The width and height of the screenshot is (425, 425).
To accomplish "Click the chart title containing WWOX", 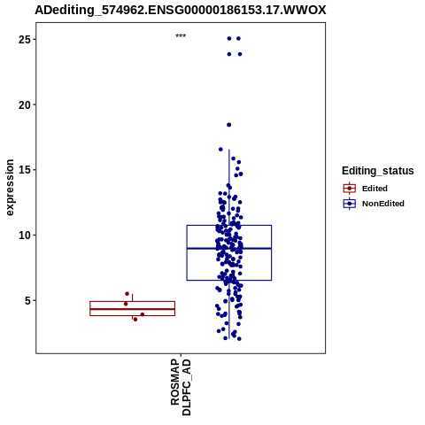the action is (181, 11).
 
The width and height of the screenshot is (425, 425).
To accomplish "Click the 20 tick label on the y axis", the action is (25, 104).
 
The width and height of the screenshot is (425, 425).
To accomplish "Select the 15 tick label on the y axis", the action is (25, 170).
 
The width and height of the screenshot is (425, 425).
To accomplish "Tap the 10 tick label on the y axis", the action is (25, 236).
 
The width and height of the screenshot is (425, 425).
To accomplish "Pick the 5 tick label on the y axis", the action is (27, 301).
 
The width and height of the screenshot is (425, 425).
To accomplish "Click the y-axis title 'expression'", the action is (10, 188).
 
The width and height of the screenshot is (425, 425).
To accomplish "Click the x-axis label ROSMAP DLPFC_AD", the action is (181, 387).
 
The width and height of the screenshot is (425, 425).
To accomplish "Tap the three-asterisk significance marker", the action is (181, 36).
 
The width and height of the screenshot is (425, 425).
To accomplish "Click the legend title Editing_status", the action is (378, 171).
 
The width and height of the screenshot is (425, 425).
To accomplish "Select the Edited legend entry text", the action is (375, 189).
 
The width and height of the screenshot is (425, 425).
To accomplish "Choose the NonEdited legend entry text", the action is (383, 204).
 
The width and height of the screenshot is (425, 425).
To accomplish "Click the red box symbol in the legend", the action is (350, 188).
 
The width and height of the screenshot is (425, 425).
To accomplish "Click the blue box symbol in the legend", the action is (350, 204).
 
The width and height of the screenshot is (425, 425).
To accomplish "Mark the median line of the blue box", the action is (229, 248).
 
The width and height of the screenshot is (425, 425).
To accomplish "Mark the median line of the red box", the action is (132, 309).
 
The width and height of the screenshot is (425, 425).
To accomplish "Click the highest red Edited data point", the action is (127, 294).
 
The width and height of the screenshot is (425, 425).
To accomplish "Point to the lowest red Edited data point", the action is (135, 320).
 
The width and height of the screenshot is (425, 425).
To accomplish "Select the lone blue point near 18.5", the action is (228, 125).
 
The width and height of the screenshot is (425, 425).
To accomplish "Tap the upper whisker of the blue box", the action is (229, 188).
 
